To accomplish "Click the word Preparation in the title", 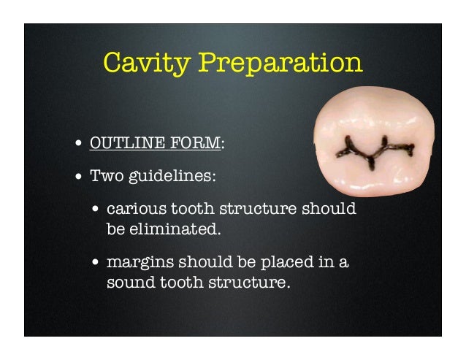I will coord(280,64).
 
